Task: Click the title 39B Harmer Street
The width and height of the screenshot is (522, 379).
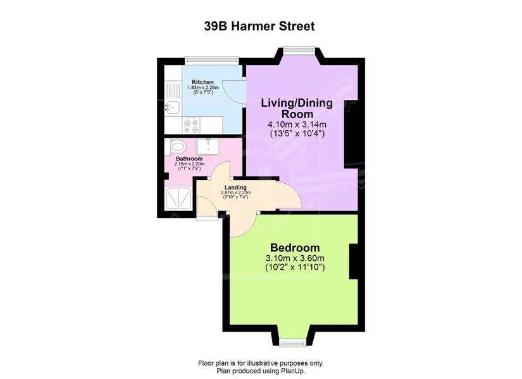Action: (x=259, y=26)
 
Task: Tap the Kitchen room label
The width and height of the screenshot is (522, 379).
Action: (x=202, y=82)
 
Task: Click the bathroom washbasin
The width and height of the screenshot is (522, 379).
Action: (x=208, y=147)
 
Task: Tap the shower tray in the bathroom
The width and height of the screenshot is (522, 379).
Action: (x=178, y=198)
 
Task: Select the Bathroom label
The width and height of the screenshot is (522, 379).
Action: (x=189, y=159)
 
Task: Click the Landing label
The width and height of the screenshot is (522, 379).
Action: (x=235, y=188)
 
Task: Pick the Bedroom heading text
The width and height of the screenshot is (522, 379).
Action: (x=295, y=248)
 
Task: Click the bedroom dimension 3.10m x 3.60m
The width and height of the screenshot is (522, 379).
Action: (x=295, y=258)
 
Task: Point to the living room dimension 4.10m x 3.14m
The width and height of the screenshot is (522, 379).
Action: (x=297, y=124)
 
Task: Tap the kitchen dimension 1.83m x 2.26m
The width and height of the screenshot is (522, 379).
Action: (x=203, y=87)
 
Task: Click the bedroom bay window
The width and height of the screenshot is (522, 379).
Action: (x=292, y=343)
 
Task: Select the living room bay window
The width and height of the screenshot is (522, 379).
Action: (x=298, y=50)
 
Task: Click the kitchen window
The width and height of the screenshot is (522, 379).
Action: (x=212, y=60)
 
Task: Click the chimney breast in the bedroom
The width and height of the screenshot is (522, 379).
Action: (x=354, y=262)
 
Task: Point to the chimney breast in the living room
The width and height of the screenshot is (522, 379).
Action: (x=351, y=133)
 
